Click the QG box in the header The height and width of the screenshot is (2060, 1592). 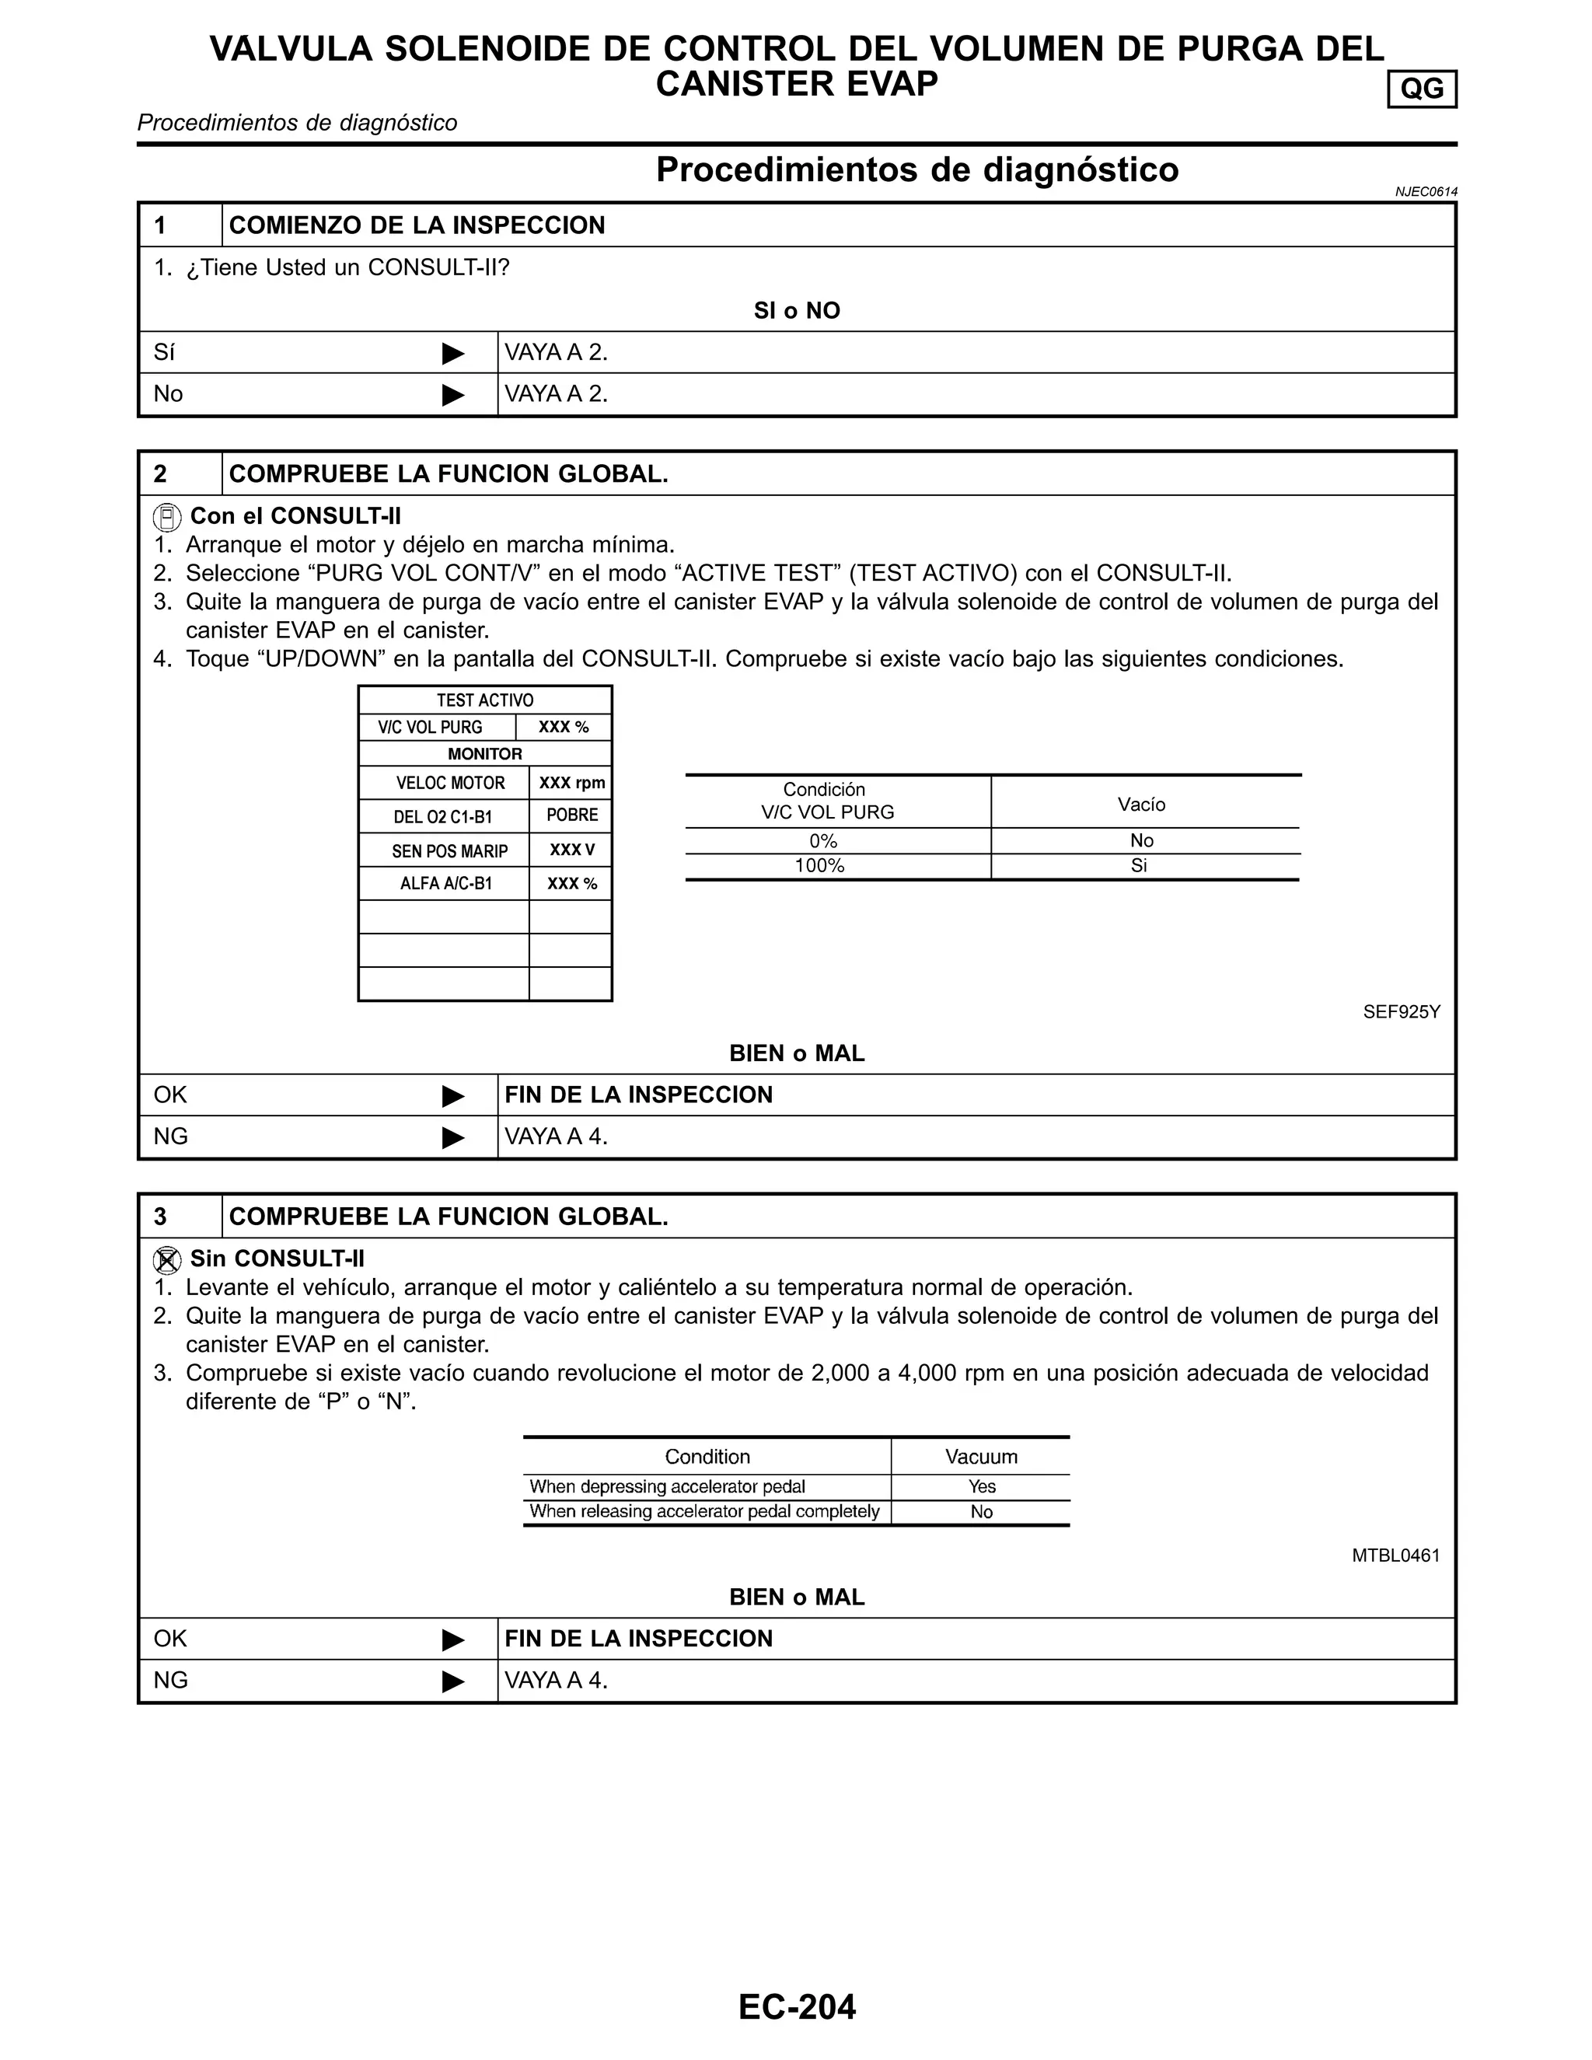coord(1421,89)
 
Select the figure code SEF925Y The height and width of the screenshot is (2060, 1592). coord(1401,1012)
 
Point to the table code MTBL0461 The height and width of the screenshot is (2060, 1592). coord(1395,1555)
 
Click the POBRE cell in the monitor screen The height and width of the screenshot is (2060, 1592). coord(571,815)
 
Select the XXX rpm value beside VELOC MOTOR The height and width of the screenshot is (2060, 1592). coord(571,783)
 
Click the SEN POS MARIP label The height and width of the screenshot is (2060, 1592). coord(449,850)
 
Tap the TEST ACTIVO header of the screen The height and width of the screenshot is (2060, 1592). coord(485,700)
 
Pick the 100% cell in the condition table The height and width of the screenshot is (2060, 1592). coord(819,866)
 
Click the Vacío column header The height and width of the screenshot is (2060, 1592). coord(1141,804)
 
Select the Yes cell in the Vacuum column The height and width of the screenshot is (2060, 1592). coord(981,1486)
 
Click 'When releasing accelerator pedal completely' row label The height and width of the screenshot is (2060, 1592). coord(703,1511)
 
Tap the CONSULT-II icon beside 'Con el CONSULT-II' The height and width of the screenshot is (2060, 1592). coord(167,518)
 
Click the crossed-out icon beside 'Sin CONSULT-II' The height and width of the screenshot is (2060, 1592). coord(167,1260)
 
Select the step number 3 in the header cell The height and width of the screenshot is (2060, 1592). coord(160,1217)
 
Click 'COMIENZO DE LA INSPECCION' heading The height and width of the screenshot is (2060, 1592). coord(417,225)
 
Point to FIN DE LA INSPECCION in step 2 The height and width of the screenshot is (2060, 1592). coord(638,1095)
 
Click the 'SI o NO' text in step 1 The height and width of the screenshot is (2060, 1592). coord(796,310)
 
